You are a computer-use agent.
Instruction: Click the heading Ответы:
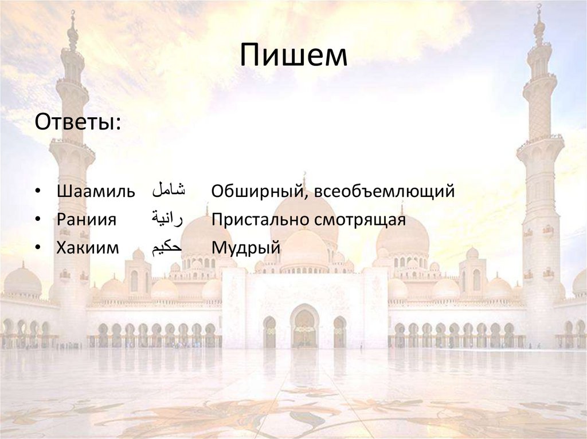click(78, 122)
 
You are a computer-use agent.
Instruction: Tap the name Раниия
click(87, 220)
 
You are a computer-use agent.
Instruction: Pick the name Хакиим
click(88, 248)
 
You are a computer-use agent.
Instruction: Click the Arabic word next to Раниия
click(166, 219)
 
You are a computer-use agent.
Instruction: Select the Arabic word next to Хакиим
click(166, 247)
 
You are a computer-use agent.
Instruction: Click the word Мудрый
click(245, 248)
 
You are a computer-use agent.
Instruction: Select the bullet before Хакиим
click(38, 248)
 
